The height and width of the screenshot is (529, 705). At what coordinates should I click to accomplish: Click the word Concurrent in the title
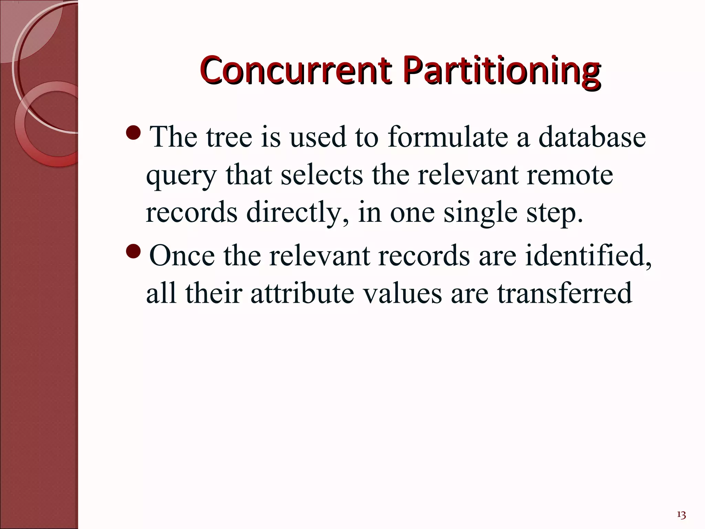point(295,71)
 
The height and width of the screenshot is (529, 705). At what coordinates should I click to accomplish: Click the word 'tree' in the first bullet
point(229,137)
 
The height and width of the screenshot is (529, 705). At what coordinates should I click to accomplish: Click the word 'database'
point(592,137)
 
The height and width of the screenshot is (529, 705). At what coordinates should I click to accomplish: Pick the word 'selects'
point(322,175)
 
